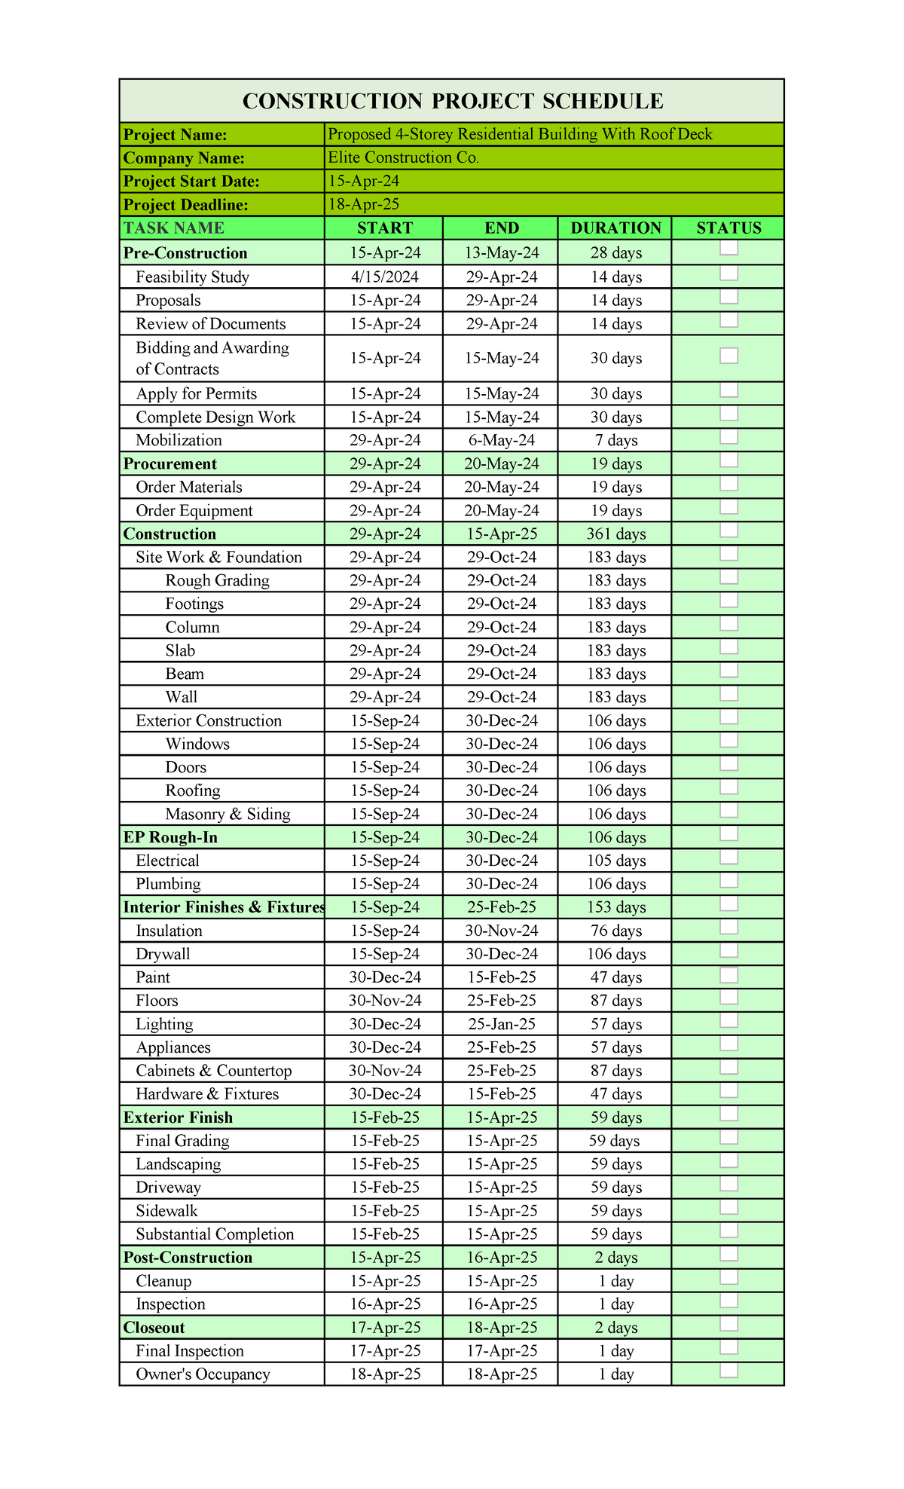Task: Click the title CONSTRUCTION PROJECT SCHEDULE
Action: [452, 101]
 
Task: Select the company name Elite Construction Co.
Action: [403, 157]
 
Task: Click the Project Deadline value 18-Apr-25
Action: [363, 204]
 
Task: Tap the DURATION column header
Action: [615, 228]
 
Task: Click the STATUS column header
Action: [728, 228]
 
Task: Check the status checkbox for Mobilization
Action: [728, 438]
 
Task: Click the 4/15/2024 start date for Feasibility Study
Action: [384, 277]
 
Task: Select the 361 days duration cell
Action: [615, 534]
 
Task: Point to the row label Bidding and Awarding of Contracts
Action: [212, 358]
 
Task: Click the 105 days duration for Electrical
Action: [615, 861]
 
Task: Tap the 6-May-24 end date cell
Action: [501, 440]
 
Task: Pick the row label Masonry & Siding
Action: [228, 814]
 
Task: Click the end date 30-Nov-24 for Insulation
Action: [501, 931]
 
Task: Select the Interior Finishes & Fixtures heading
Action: [224, 907]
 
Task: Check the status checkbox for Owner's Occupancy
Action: [728, 1371]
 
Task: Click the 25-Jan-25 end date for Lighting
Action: [501, 1024]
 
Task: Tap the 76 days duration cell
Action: [615, 931]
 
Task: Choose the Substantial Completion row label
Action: [215, 1234]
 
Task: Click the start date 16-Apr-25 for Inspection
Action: [384, 1304]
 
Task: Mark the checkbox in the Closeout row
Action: [728, 1325]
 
